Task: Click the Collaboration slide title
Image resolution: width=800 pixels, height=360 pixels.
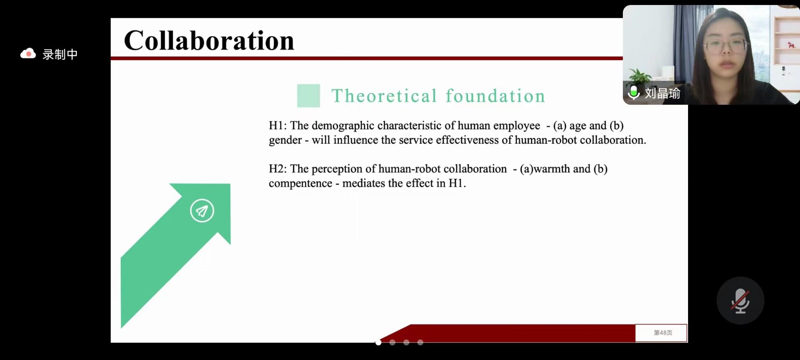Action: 209,41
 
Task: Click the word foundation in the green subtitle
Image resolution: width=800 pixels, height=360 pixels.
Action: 495,96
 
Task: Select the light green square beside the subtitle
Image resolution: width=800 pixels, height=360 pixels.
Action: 308,96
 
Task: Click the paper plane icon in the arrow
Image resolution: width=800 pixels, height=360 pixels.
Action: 202,210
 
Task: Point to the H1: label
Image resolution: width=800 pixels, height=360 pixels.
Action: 278,126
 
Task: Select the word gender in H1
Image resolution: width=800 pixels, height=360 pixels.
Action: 285,140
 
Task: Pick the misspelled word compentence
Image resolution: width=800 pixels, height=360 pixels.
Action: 300,184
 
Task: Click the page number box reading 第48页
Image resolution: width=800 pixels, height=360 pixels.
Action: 661,333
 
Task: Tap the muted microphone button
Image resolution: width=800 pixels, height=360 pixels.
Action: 740,301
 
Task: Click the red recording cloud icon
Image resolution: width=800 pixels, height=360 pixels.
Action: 28,54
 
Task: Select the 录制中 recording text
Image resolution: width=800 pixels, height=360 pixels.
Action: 60,54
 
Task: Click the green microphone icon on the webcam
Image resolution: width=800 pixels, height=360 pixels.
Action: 634,93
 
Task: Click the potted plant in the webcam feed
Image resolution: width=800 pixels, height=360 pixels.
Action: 639,77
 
